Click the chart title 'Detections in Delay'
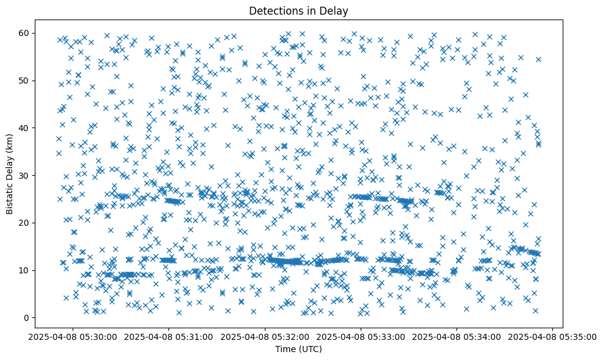click(x=298, y=10)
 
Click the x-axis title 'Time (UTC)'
click(x=298, y=349)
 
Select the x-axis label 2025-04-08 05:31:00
click(x=169, y=336)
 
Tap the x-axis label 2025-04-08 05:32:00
click(x=265, y=336)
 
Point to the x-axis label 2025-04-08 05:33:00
click(x=361, y=336)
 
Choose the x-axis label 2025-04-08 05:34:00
click(x=458, y=336)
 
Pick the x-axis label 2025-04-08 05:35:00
click(x=552, y=336)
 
